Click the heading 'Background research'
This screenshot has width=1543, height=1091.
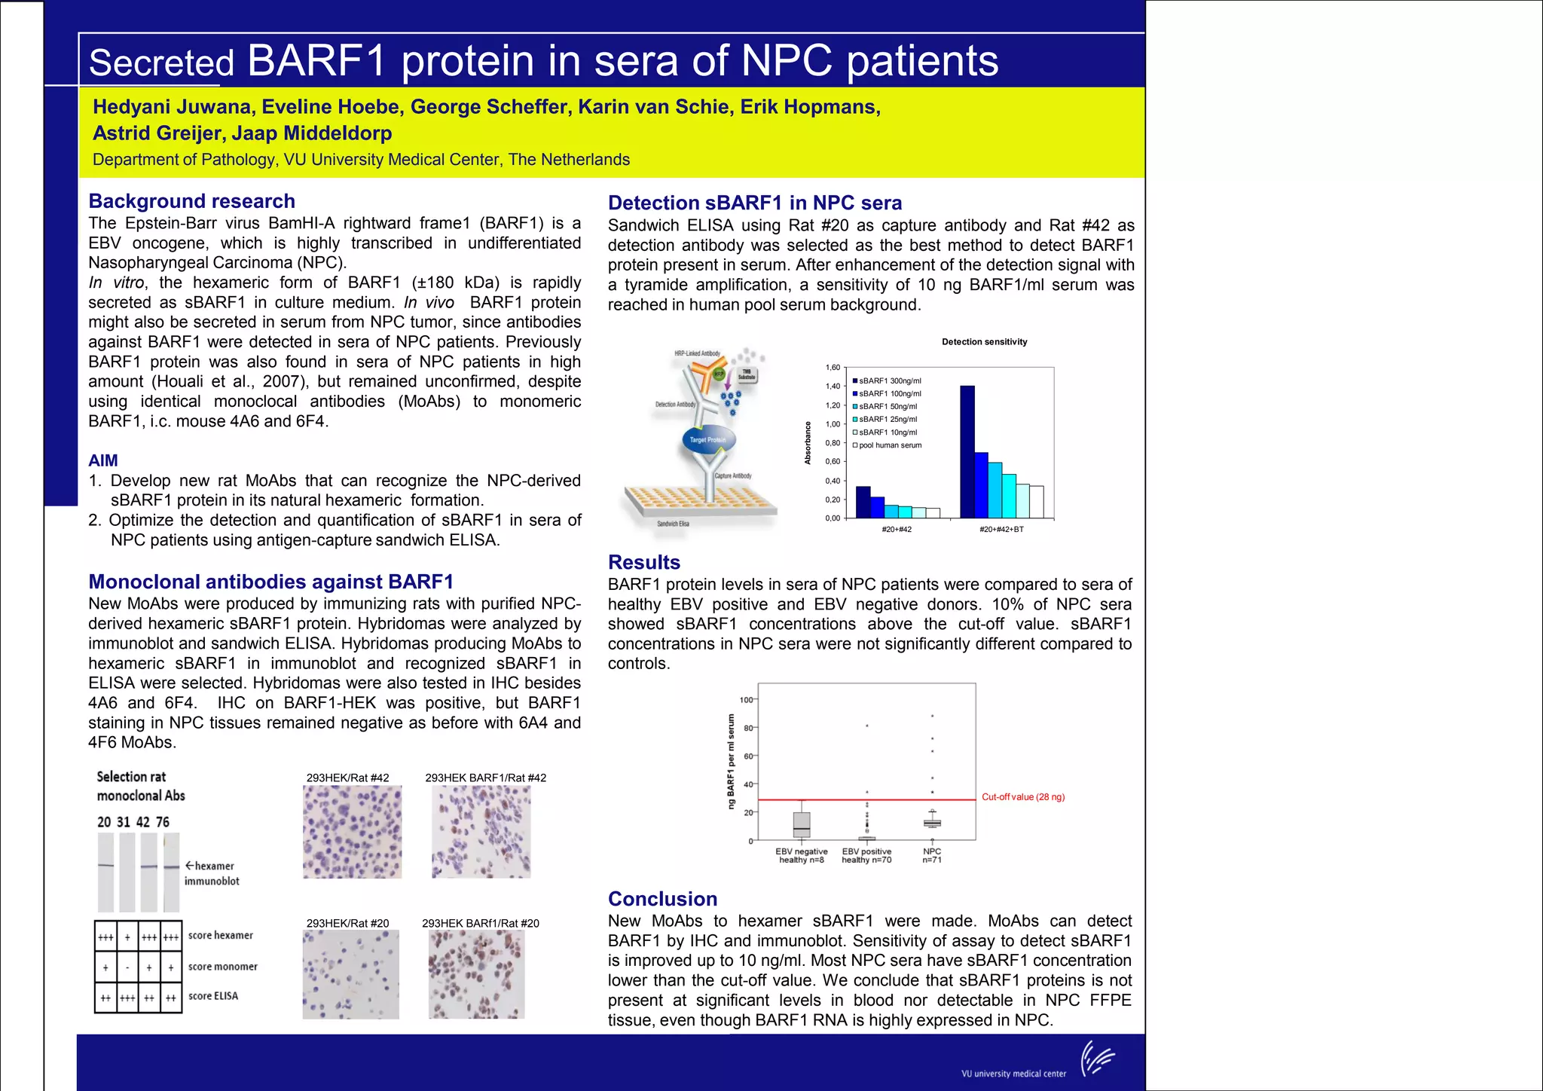click(x=191, y=201)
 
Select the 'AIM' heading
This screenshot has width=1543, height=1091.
click(x=103, y=460)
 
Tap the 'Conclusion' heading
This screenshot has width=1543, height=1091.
click(x=662, y=899)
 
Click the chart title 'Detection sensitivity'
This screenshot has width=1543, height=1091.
click(x=984, y=342)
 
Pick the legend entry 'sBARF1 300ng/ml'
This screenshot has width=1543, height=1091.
click(x=889, y=381)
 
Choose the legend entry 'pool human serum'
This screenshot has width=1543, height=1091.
click(x=889, y=445)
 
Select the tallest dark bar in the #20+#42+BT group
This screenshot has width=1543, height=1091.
click(x=967, y=451)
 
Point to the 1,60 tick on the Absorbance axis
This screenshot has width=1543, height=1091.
click(x=833, y=368)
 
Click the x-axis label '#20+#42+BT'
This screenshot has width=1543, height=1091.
click(x=1001, y=530)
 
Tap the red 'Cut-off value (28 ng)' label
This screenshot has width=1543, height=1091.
click(x=1023, y=797)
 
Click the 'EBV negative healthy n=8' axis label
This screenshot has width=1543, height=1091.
click(x=802, y=856)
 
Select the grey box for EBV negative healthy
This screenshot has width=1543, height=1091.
click(x=802, y=824)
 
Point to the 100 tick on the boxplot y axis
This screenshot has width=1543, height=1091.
click(x=746, y=700)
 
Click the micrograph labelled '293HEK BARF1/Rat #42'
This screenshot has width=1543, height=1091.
click(x=481, y=832)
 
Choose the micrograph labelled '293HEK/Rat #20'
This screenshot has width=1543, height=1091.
click(x=350, y=974)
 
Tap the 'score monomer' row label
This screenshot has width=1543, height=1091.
click(x=222, y=967)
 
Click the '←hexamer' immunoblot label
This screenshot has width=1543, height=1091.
click(x=210, y=866)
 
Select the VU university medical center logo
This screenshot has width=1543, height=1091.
click(x=1097, y=1059)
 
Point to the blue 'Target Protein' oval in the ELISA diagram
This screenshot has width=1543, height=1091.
click(x=707, y=440)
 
